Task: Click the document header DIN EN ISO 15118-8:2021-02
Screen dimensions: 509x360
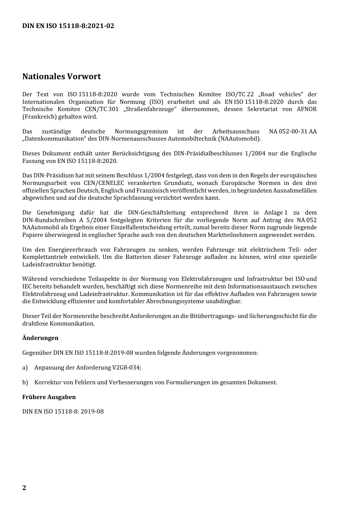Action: pyautogui.click(x=68, y=26)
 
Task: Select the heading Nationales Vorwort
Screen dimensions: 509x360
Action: pyautogui.click(x=61, y=77)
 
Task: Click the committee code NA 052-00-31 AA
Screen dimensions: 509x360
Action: pyautogui.click(x=293, y=132)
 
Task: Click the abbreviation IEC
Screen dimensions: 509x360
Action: pyautogui.click(x=27, y=287)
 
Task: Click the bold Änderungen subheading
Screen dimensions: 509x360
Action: pyautogui.click(x=40, y=338)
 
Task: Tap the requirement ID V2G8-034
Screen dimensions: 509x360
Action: pyautogui.click(x=126, y=367)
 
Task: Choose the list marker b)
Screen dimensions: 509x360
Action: pyautogui.click(x=25, y=382)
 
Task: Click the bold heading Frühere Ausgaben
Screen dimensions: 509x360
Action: pyautogui.click(x=49, y=397)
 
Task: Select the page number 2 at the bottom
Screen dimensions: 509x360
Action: pyautogui.click(x=24, y=487)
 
